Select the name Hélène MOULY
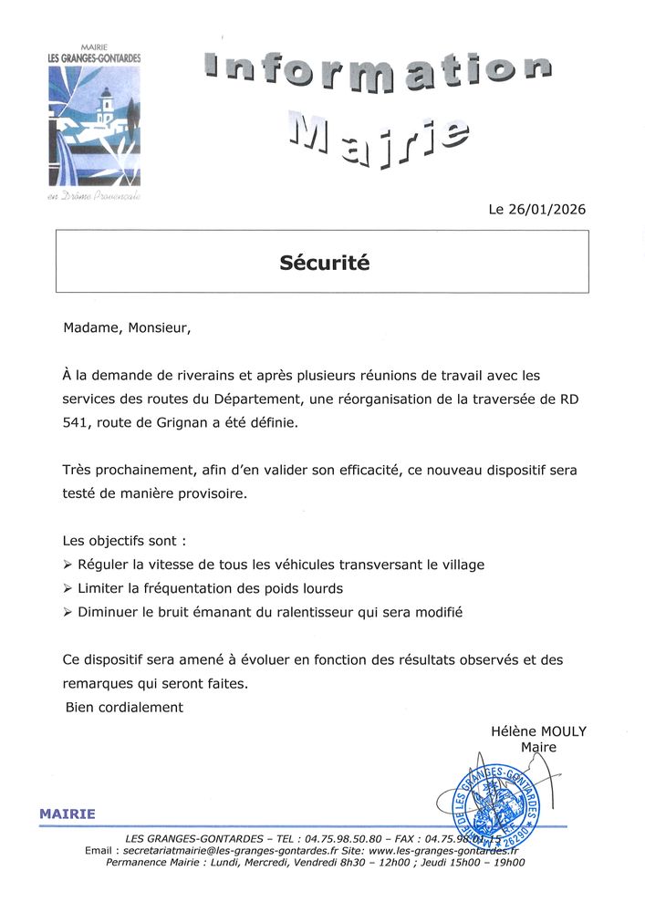(538, 731)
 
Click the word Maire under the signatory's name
(538, 748)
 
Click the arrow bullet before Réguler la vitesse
(68, 565)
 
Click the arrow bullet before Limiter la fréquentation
(68, 588)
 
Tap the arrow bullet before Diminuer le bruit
(68, 612)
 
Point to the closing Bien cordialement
(125, 707)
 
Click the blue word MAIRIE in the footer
(67, 814)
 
